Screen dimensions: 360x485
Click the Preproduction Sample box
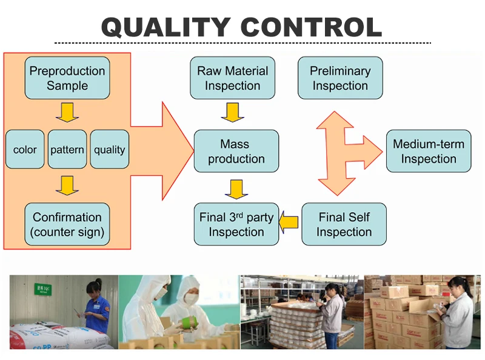(67, 78)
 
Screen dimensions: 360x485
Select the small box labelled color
(25, 150)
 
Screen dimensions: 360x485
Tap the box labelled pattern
(67, 150)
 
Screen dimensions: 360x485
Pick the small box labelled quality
(110, 150)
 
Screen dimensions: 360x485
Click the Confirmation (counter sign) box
(67, 224)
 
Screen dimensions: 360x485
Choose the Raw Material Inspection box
(232, 78)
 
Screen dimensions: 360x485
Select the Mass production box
(236, 152)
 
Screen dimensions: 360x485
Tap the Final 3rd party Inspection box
(236, 224)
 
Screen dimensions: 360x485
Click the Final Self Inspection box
(344, 224)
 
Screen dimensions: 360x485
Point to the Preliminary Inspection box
(340, 78)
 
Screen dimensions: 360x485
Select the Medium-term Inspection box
(429, 152)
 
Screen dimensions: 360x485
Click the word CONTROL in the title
(312, 27)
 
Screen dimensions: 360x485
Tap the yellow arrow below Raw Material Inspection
(232, 112)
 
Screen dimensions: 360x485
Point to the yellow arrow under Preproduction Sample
(67, 112)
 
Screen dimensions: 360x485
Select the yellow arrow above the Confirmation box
(67, 185)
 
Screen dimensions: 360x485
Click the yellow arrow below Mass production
(236, 188)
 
